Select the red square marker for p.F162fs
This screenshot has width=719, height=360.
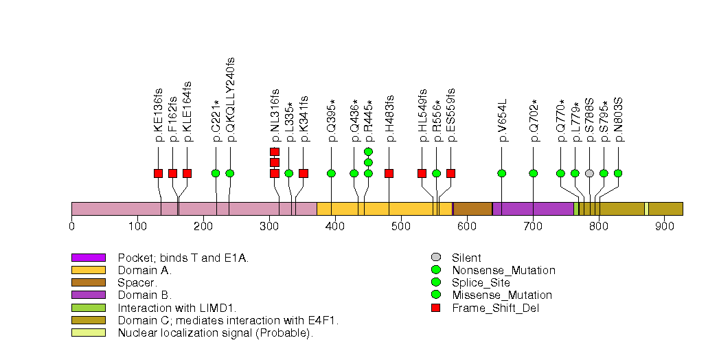coord(172,173)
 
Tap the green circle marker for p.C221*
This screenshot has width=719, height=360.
coord(216,173)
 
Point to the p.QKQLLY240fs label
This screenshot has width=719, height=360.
coord(230,103)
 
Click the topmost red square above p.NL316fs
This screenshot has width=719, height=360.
coord(275,151)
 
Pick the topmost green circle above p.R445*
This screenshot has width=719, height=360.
coord(368,151)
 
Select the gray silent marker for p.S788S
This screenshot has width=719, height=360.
coord(589,173)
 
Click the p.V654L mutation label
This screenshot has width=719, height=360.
coord(502,120)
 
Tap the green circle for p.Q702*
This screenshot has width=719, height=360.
coord(534,173)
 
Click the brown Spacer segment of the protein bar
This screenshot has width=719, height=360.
coord(472,209)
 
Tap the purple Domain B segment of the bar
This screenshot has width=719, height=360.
coord(533,209)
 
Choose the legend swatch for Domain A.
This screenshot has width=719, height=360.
coord(88,270)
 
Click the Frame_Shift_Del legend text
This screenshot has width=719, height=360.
coord(495,308)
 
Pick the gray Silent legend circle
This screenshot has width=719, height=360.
coord(435,258)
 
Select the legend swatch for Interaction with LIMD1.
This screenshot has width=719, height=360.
coord(88,308)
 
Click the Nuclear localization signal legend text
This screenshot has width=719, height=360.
coord(215,333)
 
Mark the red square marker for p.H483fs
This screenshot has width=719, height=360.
coord(389,173)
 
